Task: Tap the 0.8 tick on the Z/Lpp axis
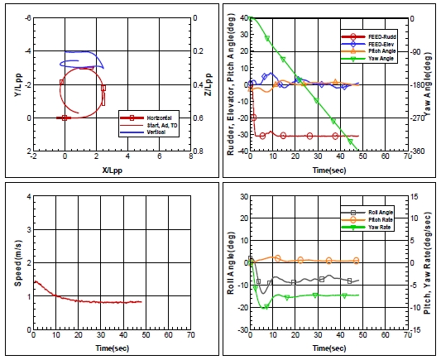pos(198,151)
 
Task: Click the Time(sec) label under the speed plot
pos(111,349)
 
